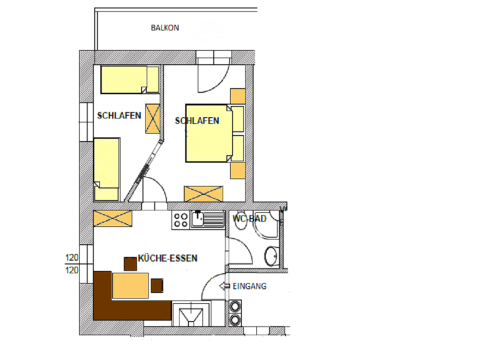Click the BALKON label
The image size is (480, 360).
click(165, 28)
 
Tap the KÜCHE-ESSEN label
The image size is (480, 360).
click(167, 258)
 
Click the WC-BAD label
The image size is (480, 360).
click(249, 219)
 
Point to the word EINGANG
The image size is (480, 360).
click(249, 286)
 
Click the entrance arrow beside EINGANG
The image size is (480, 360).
click(224, 286)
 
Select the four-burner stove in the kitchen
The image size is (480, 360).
click(181, 220)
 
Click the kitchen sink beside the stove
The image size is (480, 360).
click(208, 219)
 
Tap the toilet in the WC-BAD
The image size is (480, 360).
click(241, 219)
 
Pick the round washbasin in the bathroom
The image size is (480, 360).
click(271, 256)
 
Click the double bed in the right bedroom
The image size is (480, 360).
click(214, 134)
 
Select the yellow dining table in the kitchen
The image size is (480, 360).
click(130, 286)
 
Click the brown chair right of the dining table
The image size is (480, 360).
click(157, 285)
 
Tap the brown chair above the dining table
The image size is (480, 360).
click(130, 264)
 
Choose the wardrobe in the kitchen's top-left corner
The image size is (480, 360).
click(113, 218)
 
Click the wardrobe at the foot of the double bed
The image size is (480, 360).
click(203, 194)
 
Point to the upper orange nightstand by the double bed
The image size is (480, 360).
click(238, 97)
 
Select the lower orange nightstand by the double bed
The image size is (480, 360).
click(238, 171)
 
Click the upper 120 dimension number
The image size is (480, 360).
click(71, 258)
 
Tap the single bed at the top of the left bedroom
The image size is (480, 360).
click(130, 79)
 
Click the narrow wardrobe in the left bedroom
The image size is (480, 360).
click(152, 119)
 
